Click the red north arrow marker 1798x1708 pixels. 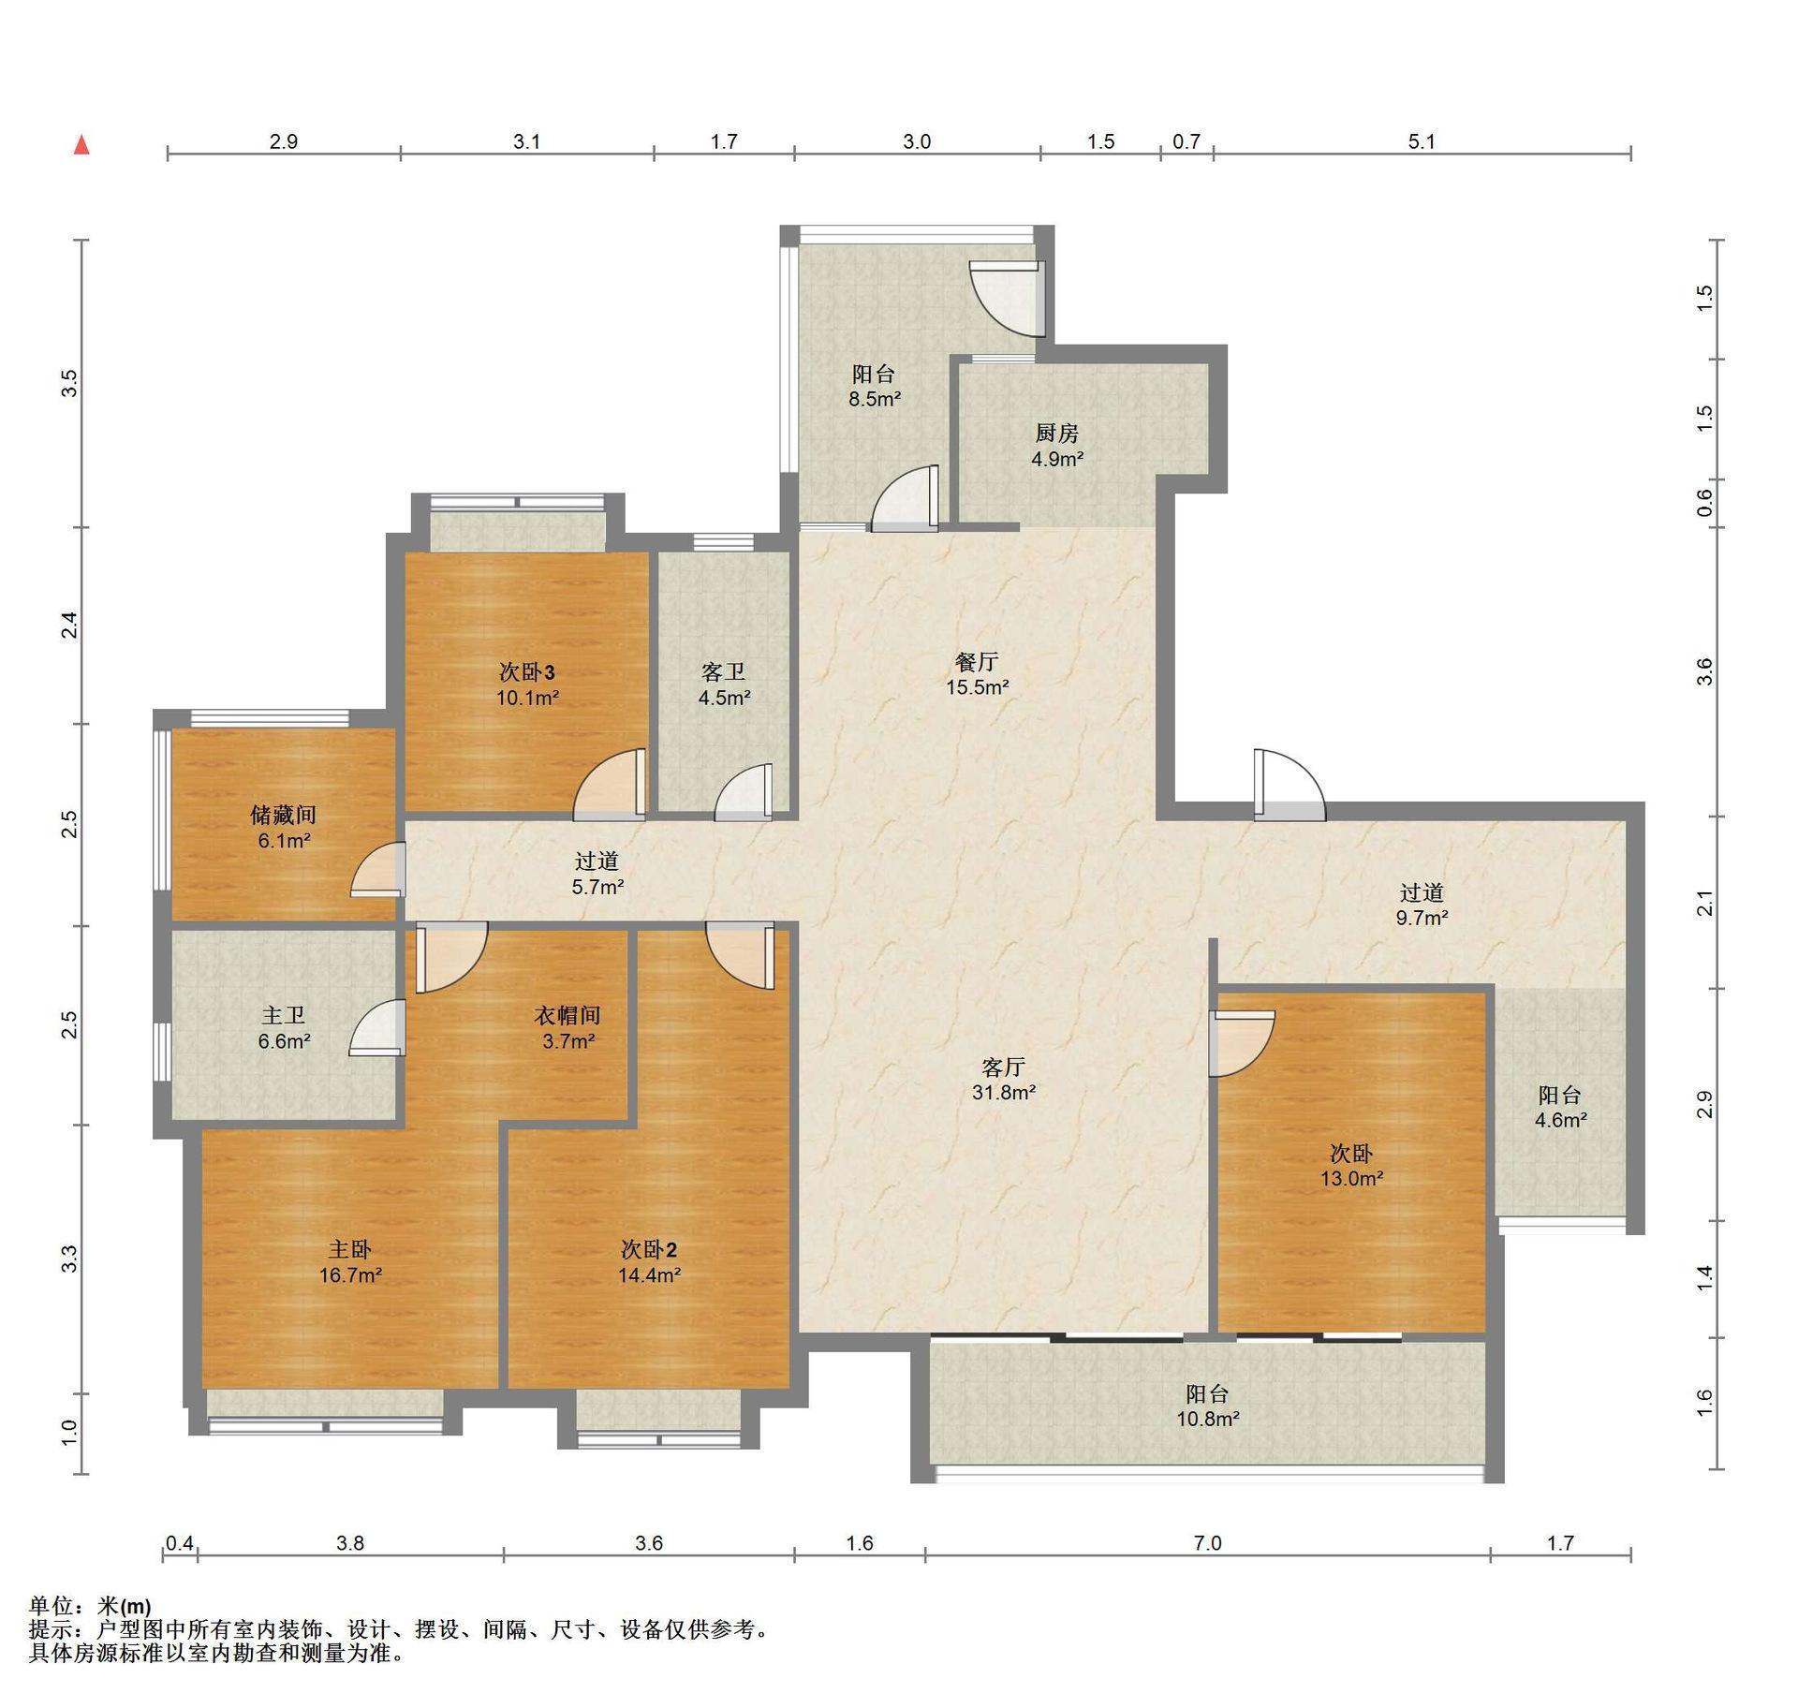tap(82, 144)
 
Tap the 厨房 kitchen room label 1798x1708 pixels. tap(1056, 433)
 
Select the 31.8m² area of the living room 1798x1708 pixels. tap(1004, 1092)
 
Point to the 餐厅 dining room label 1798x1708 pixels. tap(977, 662)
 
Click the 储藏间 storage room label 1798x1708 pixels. tap(284, 815)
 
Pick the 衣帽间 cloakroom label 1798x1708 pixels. tap(567, 1015)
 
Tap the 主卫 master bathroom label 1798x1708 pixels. tap(284, 1015)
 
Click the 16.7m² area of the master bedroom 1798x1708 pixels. tap(350, 1274)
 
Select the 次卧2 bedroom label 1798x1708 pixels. tap(648, 1249)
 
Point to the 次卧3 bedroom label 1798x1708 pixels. tap(527, 671)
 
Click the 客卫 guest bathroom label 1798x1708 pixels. tap(724, 671)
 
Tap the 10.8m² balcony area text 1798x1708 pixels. tap(1208, 1419)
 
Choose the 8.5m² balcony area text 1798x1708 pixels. tap(875, 399)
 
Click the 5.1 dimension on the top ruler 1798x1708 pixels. tap(1422, 141)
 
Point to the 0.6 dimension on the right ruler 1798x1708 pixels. tap(1705, 503)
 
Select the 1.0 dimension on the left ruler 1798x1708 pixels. tap(69, 1434)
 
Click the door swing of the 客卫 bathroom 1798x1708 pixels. tap(744, 792)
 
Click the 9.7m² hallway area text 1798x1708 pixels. tap(1422, 918)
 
